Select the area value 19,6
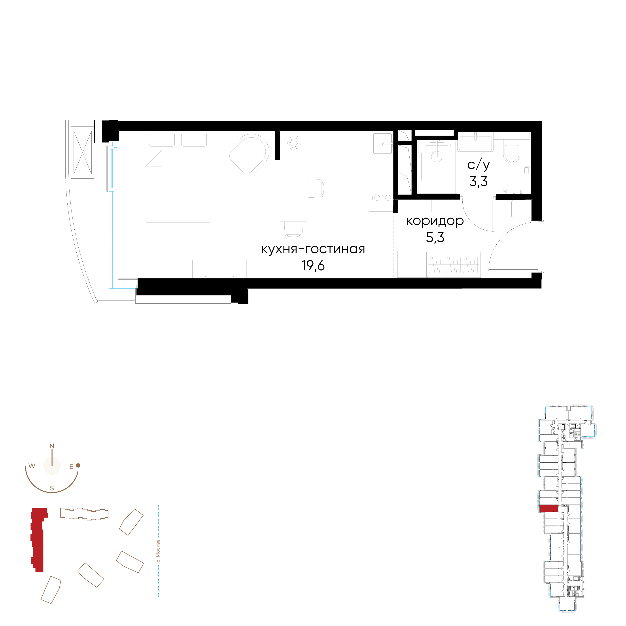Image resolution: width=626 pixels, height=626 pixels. (313, 266)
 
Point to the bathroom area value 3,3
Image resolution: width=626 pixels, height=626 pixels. (478, 182)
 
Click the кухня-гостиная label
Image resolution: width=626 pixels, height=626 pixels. (313, 250)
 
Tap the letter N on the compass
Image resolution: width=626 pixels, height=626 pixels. (52, 446)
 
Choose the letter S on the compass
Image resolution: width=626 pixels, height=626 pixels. (52, 488)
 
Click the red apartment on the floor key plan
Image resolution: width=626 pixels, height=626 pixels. (548, 509)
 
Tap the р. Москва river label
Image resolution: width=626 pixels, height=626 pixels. (158, 551)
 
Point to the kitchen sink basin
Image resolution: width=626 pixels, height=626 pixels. (383, 143)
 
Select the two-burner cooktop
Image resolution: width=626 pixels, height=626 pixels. (382, 198)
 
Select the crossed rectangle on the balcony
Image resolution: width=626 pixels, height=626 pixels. (83, 153)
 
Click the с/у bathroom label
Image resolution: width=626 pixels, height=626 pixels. (478, 165)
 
